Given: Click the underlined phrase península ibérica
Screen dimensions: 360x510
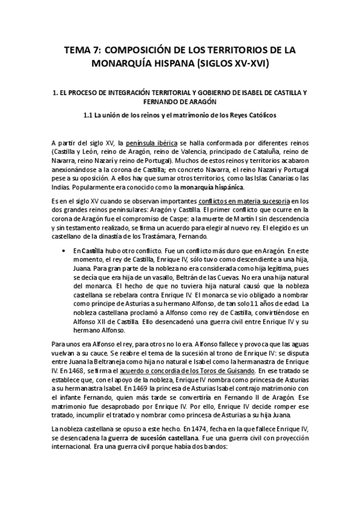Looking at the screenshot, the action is (x=151, y=142).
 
